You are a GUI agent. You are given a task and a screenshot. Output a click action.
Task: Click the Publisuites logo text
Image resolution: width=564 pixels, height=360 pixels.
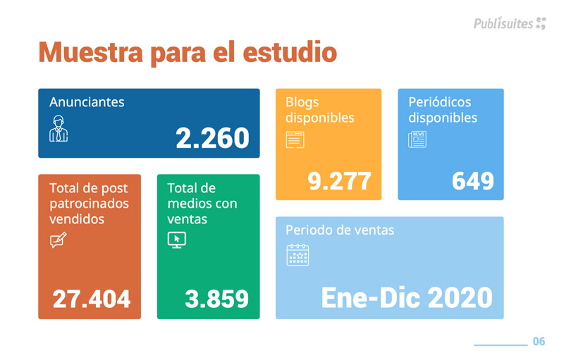click(x=503, y=23)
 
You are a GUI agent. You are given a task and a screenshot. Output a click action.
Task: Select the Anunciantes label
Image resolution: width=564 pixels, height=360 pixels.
click(x=87, y=102)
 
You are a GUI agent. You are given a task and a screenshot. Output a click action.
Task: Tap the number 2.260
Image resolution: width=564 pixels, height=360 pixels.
click(x=212, y=138)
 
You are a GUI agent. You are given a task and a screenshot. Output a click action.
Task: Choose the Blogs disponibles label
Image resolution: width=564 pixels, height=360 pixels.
click(x=319, y=110)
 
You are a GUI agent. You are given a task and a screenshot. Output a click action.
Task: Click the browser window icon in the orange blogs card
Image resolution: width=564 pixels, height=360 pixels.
click(x=295, y=139)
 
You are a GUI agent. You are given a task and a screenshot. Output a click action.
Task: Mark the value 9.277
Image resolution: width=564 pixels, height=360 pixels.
click(x=339, y=181)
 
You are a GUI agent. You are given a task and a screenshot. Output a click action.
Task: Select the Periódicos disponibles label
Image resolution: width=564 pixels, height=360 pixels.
click(x=443, y=110)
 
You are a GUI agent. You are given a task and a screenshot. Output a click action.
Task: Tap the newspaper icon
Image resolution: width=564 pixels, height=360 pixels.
click(x=417, y=139)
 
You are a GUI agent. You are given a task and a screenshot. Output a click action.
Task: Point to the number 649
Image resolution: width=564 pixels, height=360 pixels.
click(x=472, y=181)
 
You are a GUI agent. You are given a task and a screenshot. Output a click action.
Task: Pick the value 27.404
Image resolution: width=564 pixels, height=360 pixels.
click(x=92, y=299)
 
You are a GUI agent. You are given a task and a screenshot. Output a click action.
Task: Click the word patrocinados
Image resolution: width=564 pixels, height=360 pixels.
click(x=90, y=204)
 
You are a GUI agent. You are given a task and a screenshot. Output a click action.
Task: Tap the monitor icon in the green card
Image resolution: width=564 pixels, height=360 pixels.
click(x=176, y=240)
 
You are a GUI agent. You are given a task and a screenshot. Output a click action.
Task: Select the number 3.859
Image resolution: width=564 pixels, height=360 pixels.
click(x=216, y=299)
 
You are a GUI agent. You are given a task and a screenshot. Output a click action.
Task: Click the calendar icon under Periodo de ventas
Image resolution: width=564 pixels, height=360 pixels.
click(x=298, y=254)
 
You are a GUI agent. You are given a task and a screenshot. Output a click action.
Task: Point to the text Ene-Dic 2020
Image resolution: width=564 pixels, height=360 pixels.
click(x=407, y=297)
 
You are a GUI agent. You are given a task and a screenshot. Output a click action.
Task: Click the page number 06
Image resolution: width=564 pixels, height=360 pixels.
click(x=539, y=342)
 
